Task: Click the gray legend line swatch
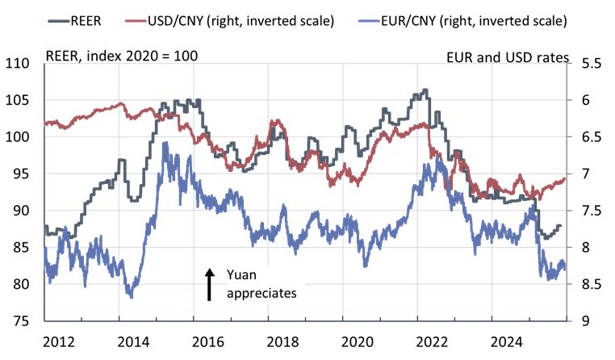pos(59,20)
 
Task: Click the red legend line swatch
pos(136,20)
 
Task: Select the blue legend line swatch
pos(369,20)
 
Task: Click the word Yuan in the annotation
pos(241,276)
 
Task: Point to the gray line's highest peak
pos(425,90)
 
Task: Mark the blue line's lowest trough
pos(132,297)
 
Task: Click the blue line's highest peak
pos(165,143)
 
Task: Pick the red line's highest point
pos(120,103)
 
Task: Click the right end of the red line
pos(565,178)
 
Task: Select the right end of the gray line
pos(560,225)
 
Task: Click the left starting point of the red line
pos(44,123)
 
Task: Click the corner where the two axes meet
pos(44,320)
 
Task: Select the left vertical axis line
pos(44,194)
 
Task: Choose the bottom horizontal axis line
pos(307,320)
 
